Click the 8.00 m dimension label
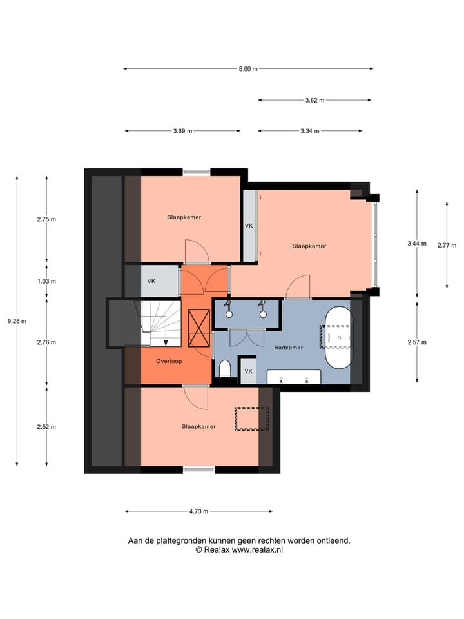[x=247, y=69]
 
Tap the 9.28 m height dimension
[x=17, y=321]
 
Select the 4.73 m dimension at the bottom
[x=198, y=511]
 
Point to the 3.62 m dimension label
[x=314, y=100]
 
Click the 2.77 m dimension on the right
[x=447, y=245]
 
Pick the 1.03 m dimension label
[x=46, y=281]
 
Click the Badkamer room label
[x=287, y=348]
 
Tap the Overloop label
[x=169, y=361]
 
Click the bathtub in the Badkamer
[x=338, y=337]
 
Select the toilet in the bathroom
[x=225, y=369]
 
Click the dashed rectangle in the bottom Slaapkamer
[x=251, y=418]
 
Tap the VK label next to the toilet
[x=248, y=371]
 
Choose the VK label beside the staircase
[x=151, y=281]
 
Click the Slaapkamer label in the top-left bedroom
[x=184, y=217]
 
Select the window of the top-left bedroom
[x=197, y=172]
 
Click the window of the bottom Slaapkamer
[x=198, y=469]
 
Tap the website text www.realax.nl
[x=256, y=550]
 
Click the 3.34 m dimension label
[x=310, y=131]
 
